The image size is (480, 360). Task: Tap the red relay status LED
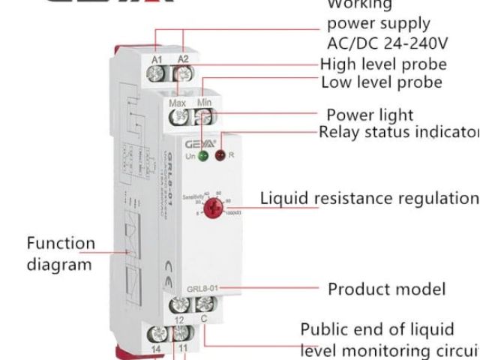tap(220, 156)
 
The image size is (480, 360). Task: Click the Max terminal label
tap(178, 102)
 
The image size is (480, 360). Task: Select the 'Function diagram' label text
tap(60, 255)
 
